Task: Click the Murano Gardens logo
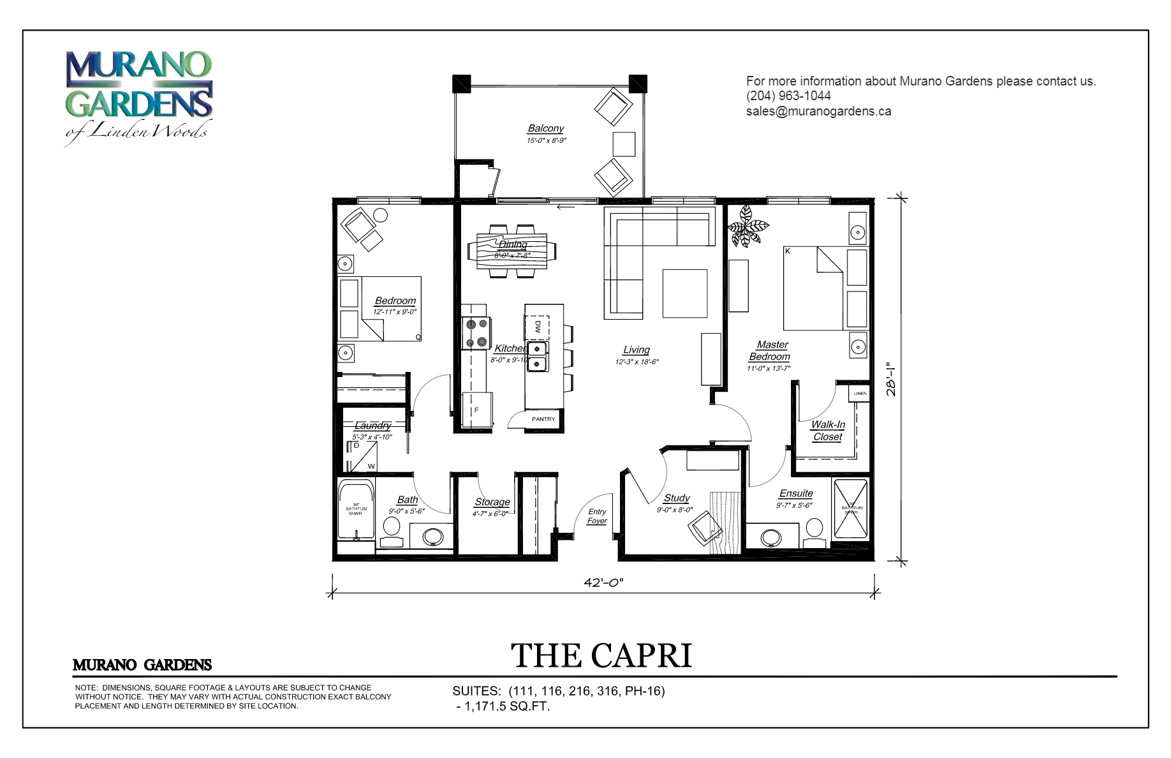[x=138, y=96]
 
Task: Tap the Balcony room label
[x=545, y=129]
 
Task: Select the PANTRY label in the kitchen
[x=543, y=419]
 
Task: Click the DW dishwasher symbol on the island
[x=537, y=327]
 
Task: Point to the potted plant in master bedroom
[x=748, y=225]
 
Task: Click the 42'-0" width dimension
[x=603, y=582]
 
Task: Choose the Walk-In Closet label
[x=827, y=431]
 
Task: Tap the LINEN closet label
[x=860, y=394]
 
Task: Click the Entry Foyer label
[x=597, y=516]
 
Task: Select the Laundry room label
[x=372, y=426]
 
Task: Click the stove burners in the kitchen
[x=476, y=333]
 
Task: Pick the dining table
[x=512, y=250]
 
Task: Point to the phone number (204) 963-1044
[x=788, y=96]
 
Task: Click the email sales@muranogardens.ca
[x=818, y=112]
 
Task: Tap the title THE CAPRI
[x=601, y=656]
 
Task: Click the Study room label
[x=676, y=498]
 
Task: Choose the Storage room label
[x=492, y=503]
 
